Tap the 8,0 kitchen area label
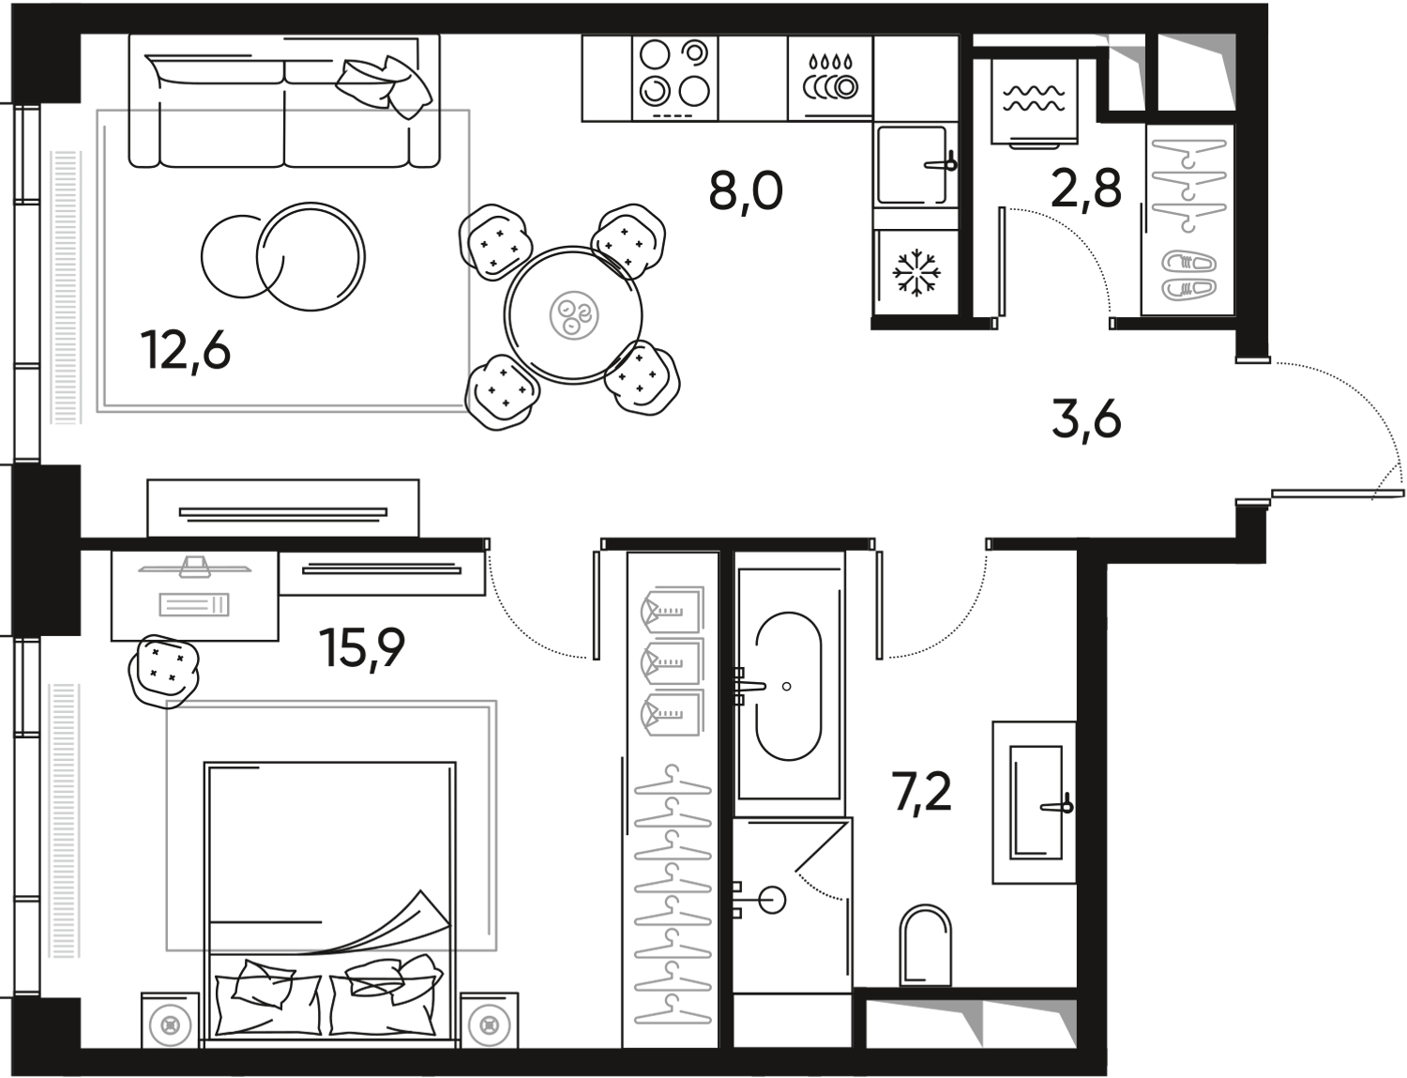pyautogui.click(x=747, y=192)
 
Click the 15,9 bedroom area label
pyautogui.click(x=362, y=646)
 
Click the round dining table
pyautogui.click(x=573, y=315)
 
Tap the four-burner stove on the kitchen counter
pyautogui.click(x=673, y=74)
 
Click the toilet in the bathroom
pyautogui.click(x=925, y=943)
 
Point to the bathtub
pyautogui.click(x=788, y=686)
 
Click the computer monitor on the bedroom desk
pyautogui.click(x=194, y=565)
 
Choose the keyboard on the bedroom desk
pyautogui.click(x=194, y=605)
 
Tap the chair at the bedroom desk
pyautogui.click(x=163, y=665)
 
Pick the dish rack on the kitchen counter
pyautogui.click(x=830, y=76)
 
